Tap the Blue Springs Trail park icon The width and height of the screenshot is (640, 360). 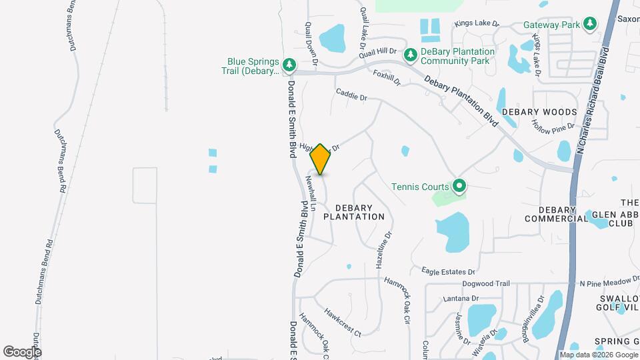point(289,65)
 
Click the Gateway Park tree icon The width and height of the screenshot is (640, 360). point(589,25)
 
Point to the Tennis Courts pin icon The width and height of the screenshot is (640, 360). point(459,186)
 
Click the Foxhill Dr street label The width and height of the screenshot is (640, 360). point(387,78)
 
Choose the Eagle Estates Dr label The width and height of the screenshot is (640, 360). point(447,271)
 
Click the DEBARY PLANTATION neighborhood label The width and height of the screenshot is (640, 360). point(354,212)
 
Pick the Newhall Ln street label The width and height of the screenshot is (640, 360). point(310,190)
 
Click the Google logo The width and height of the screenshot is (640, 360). point(22,351)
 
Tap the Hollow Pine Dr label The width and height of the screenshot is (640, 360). point(553,125)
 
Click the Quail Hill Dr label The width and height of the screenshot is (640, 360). point(378,53)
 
